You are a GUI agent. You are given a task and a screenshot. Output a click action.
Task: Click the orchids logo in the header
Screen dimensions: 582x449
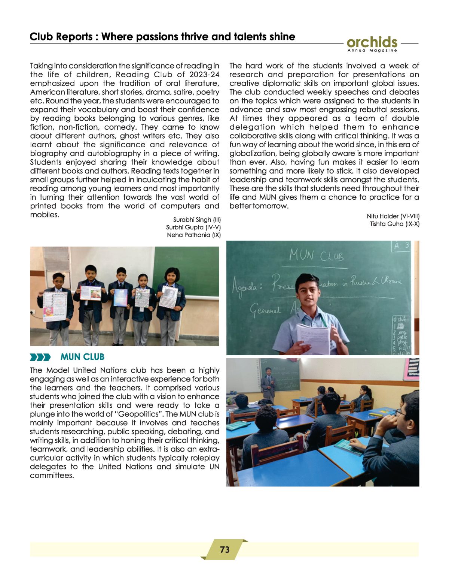click(x=372, y=43)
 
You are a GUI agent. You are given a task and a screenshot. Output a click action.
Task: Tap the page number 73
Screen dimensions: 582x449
click(x=224, y=549)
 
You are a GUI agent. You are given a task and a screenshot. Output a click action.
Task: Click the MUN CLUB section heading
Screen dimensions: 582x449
click(x=82, y=357)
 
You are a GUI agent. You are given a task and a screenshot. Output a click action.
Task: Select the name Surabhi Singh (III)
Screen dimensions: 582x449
click(x=197, y=220)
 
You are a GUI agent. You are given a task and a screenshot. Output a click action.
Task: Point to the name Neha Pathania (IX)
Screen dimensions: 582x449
click(x=194, y=235)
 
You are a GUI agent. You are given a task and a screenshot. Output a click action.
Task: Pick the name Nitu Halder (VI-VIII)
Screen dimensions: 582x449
click(x=393, y=216)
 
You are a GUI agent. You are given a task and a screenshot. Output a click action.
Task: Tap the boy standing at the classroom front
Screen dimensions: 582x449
click(x=268, y=382)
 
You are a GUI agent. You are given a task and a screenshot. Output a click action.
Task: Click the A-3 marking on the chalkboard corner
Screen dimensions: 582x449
click(x=401, y=246)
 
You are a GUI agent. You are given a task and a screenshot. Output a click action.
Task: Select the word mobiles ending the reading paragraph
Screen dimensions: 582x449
click(x=44, y=215)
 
